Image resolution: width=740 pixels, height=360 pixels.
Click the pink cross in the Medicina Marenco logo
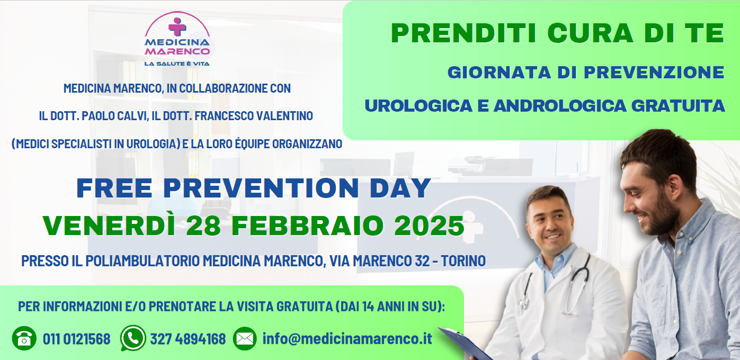[177, 26]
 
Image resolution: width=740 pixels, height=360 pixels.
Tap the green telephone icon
[24, 338]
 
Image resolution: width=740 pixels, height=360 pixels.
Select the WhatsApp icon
[133, 338]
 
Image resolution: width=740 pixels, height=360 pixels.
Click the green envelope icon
[245, 338]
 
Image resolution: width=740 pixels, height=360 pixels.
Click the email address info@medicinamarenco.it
[347, 339]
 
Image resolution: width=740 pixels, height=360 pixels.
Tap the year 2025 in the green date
[429, 226]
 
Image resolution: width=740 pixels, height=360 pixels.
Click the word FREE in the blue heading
[114, 188]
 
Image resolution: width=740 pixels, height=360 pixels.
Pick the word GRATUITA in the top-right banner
[678, 106]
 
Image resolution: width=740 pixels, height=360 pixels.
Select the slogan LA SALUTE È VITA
[177, 64]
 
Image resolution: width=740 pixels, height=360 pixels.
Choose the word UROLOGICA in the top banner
[418, 106]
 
